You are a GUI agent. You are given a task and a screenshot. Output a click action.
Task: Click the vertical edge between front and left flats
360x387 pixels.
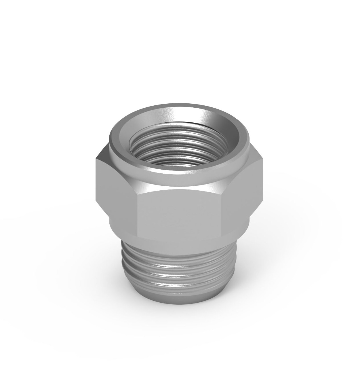(x=138, y=213)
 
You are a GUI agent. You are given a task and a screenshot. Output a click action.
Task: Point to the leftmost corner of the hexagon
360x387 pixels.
(x=96, y=179)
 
